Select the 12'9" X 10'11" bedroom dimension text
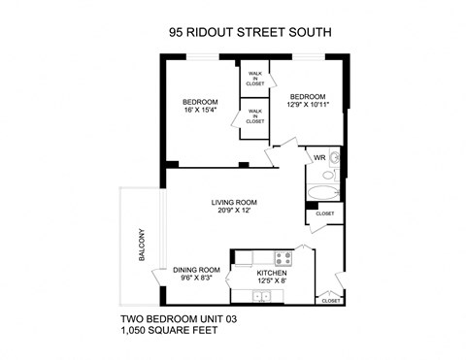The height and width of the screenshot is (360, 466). [309, 105]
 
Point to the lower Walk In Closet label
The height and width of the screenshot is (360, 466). [254, 117]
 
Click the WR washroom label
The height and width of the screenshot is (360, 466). [317, 157]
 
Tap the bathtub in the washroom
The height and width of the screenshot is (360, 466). [321, 189]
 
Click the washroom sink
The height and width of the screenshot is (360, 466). [335, 157]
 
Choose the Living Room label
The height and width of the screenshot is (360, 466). [232, 202]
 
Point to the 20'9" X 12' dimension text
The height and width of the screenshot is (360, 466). [232, 212]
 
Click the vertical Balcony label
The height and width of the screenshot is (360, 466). [142, 242]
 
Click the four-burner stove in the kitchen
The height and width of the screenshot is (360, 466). [283, 259]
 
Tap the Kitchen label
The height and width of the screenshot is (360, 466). [272, 275]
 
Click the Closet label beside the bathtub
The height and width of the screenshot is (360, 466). [324, 213]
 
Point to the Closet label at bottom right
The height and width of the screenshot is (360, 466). [330, 301]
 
